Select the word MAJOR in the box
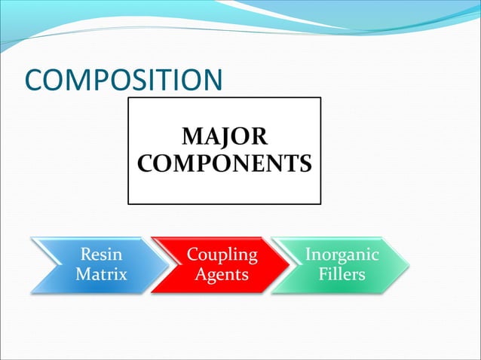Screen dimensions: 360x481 pyautogui.click(x=224, y=138)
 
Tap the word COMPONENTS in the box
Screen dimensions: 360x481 pyautogui.click(x=224, y=163)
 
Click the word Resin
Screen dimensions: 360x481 pyautogui.click(x=101, y=255)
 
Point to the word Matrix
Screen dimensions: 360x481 pyautogui.click(x=101, y=274)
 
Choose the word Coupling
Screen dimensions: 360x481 pyautogui.click(x=222, y=255)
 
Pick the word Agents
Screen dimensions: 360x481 pyautogui.click(x=222, y=274)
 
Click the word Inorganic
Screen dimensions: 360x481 pyautogui.click(x=342, y=255)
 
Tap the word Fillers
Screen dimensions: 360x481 pyautogui.click(x=342, y=274)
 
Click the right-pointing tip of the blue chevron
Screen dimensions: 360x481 pyautogui.click(x=170, y=265)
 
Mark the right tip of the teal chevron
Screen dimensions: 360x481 pyautogui.click(x=411, y=265)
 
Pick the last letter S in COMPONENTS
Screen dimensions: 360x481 pyautogui.click(x=305, y=163)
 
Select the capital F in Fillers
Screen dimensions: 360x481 pyautogui.click(x=323, y=274)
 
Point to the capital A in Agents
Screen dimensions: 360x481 pyautogui.click(x=201, y=274)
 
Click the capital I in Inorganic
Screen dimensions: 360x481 pyautogui.click(x=308, y=255)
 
